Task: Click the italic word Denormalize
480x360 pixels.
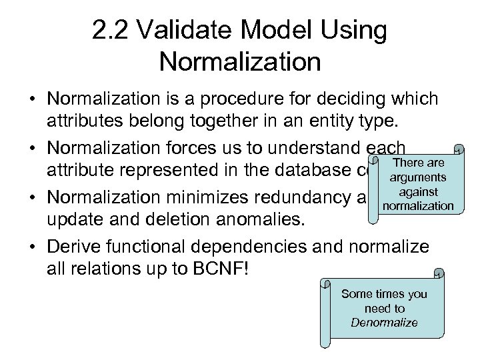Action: pyautogui.click(x=384, y=323)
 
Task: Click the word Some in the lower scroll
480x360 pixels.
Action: pyautogui.click(x=353, y=294)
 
